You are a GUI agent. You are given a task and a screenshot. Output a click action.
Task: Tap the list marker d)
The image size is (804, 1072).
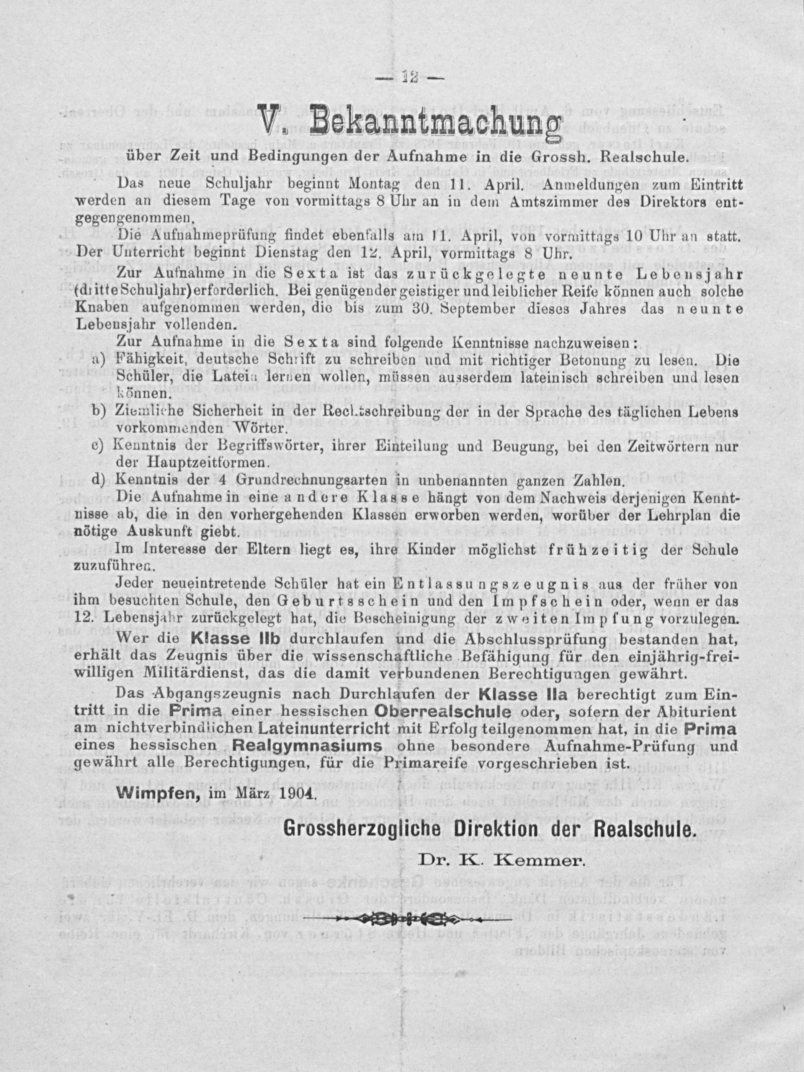(x=99, y=481)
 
